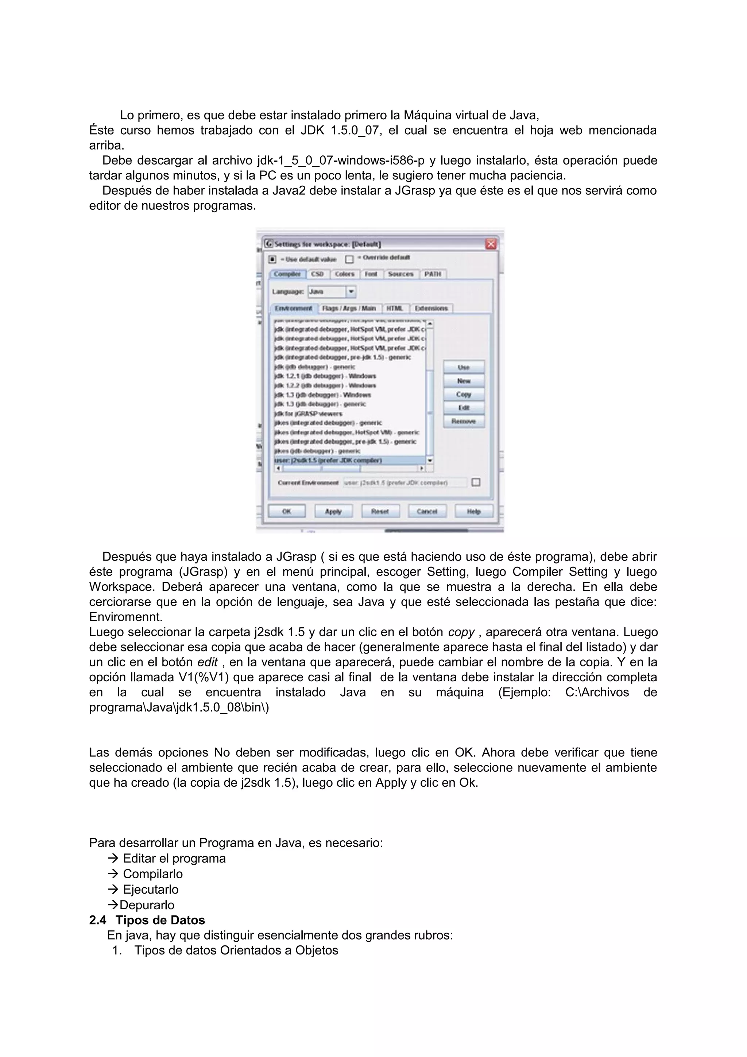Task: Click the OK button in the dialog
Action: pyautogui.click(x=286, y=511)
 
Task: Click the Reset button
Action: pyautogui.click(x=380, y=511)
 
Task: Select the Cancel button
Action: pyautogui.click(x=427, y=511)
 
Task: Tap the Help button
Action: pyautogui.click(x=473, y=511)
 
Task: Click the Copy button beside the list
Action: pyautogui.click(x=464, y=395)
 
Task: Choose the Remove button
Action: pyautogui.click(x=464, y=421)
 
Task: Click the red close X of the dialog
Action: pyautogui.click(x=491, y=244)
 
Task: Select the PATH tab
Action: pyautogui.click(x=433, y=274)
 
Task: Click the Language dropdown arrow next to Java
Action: pyautogui.click(x=351, y=291)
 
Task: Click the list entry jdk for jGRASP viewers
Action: pyautogui.click(x=308, y=413)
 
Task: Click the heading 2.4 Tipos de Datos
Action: pyautogui.click(x=147, y=920)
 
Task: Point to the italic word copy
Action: pyautogui.click(x=461, y=632)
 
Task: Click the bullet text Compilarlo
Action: pyautogui.click(x=152, y=874)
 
